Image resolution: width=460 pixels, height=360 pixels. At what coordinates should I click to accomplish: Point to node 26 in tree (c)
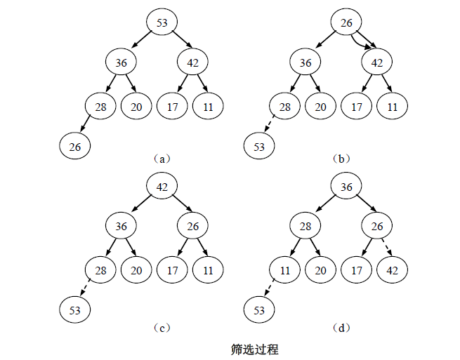[x=192, y=226]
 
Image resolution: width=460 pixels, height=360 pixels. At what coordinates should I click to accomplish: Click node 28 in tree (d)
[x=305, y=226]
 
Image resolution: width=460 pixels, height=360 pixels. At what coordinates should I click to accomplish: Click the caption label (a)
[x=162, y=159]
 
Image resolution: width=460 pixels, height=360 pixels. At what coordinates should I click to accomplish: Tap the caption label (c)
[x=162, y=328]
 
